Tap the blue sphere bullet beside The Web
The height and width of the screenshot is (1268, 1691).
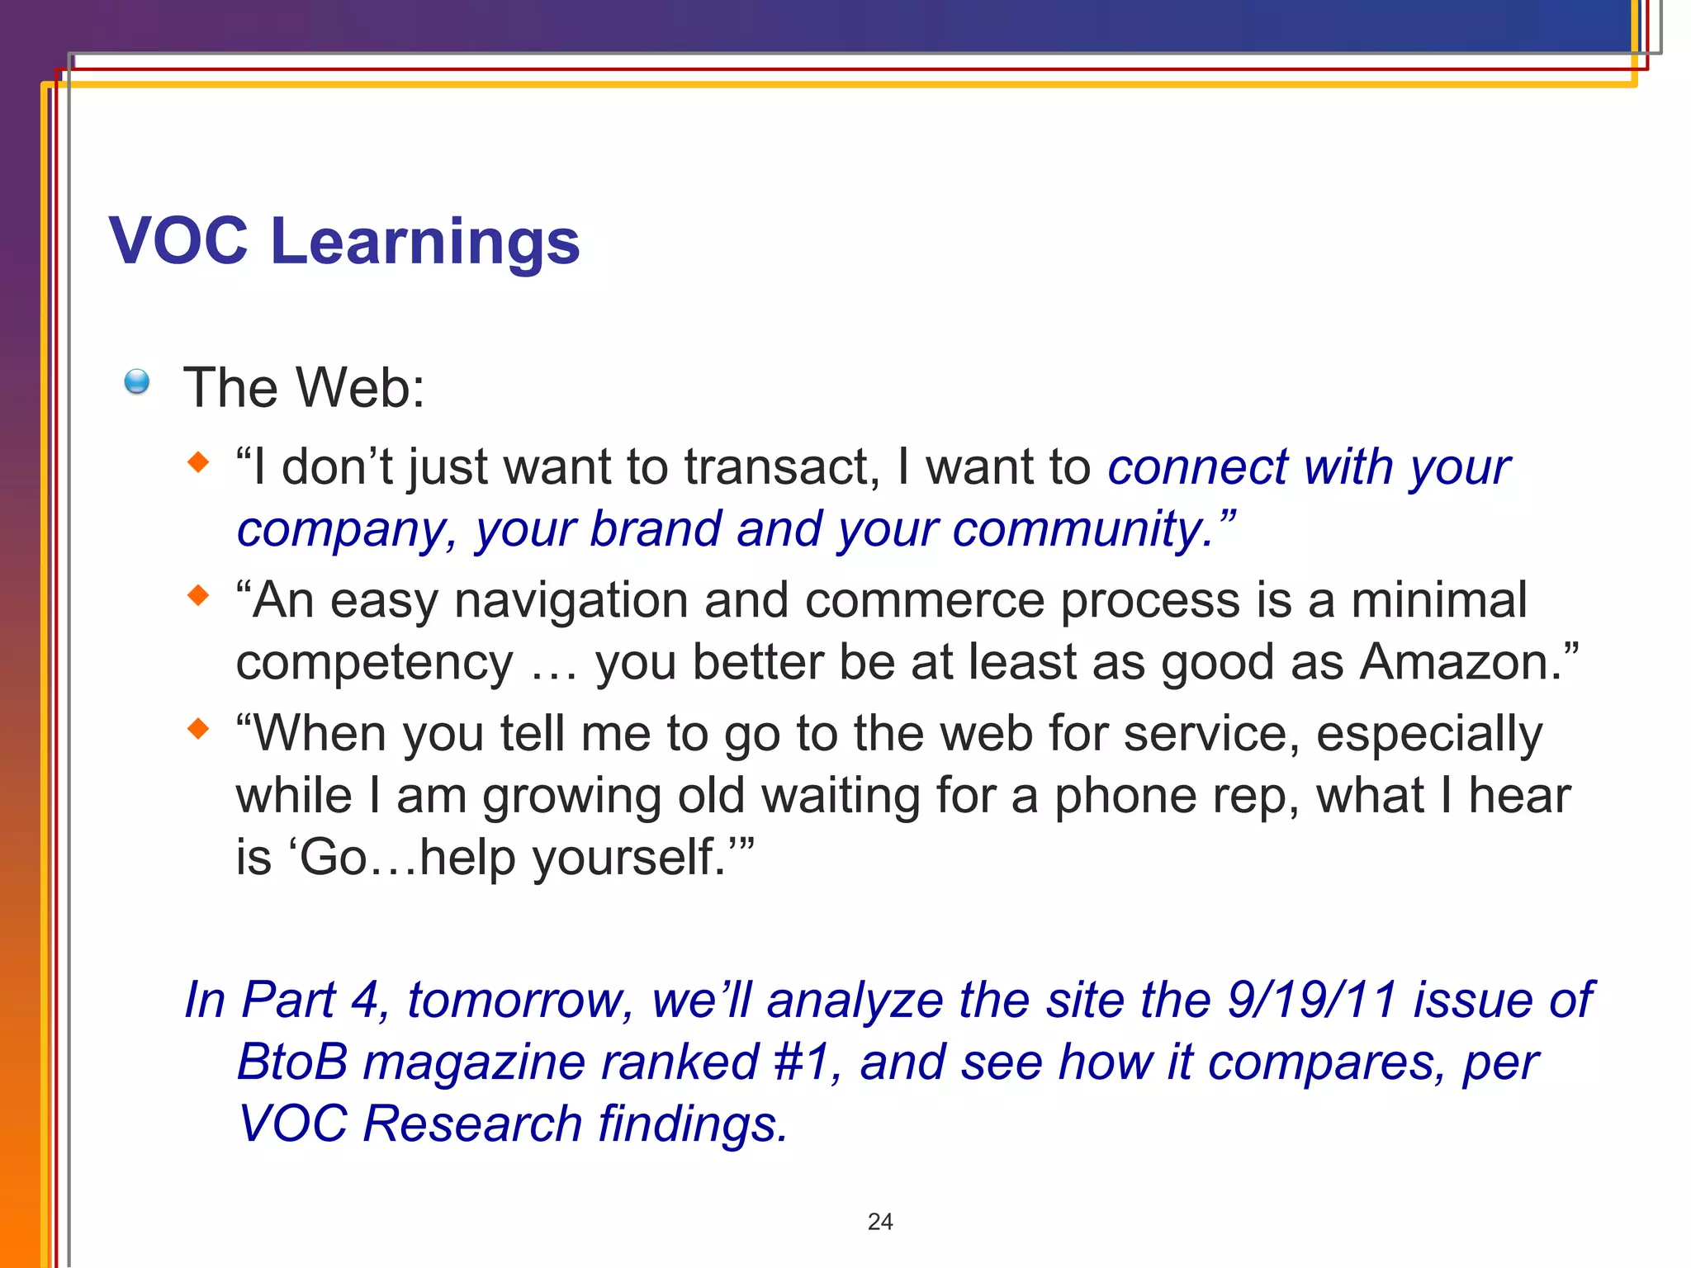pyautogui.click(x=137, y=381)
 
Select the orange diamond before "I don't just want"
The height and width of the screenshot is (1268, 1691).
pyautogui.click(x=198, y=462)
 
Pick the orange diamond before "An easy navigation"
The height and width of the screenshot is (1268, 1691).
pyautogui.click(x=198, y=595)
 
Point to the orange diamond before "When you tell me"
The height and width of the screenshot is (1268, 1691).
pyautogui.click(x=198, y=728)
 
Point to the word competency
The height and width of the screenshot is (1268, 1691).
pyautogui.click(x=374, y=664)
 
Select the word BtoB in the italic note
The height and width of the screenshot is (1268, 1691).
pyautogui.click(x=292, y=1062)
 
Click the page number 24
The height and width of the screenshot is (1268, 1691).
pyautogui.click(x=880, y=1222)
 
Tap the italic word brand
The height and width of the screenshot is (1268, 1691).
pyautogui.click(x=655, y=529)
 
